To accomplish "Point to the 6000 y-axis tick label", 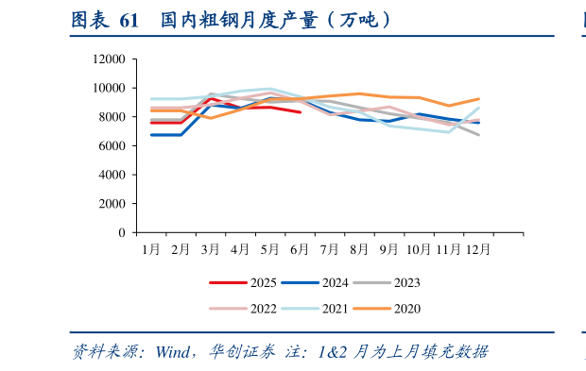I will pyautogui.click(x=112, y=146).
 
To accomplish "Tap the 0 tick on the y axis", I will pyautogui.click(x=122, y=232).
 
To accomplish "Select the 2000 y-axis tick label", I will pyautogui.click(x=112, y=204).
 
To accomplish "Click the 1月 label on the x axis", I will pyautogui.click(x=151, y=249).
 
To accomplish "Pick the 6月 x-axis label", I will pyautogui.click(x=301, y=249).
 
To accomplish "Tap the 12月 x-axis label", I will pyautogui.click(x=477, y=249).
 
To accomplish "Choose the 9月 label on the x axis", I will pyautogui.click(x=389, y=249).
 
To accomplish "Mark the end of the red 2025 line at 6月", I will pyautogui.click(x=301, y=112).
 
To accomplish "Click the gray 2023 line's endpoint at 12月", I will pyautogui.click(x=479, y=135).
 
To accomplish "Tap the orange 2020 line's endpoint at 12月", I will pyautogui.click(x=479, y=99).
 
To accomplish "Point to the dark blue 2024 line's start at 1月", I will pyautogui.click(x=151, y=135).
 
